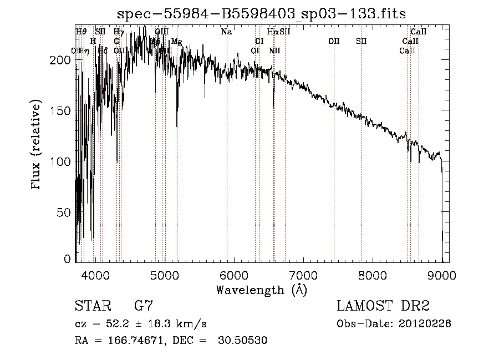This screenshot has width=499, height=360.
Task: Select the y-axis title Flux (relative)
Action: [x=37, y=145]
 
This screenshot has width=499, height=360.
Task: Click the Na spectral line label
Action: [x=226, y=32]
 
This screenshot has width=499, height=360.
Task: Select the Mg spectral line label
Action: [x=176, y=42]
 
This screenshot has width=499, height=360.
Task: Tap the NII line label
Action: [x=274, y=51]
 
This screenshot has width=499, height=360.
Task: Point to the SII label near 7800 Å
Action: [x=361, y=42]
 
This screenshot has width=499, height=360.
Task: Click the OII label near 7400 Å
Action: [x=334, y=42]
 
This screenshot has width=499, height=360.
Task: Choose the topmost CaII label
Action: [x=418, y=32]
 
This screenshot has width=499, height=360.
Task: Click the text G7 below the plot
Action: [x=143, y=306]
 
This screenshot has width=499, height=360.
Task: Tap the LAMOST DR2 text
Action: [x=383, y=306]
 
